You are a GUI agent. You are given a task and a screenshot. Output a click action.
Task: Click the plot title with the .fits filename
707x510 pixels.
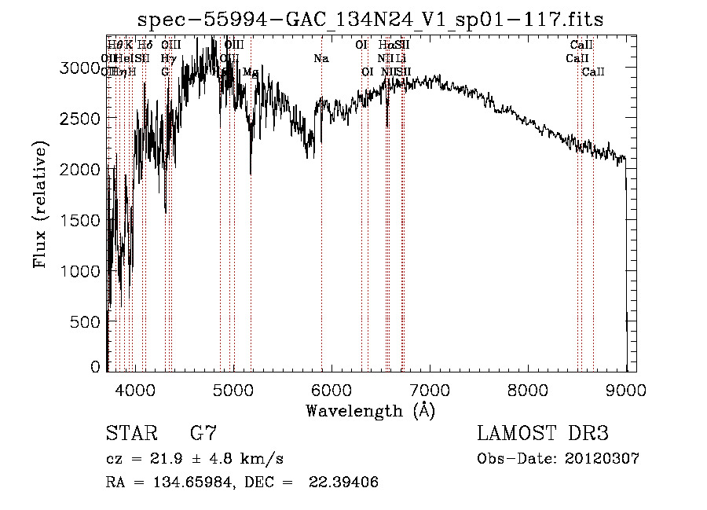(370, 20)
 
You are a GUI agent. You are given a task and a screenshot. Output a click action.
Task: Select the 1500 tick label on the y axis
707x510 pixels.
(82, 220)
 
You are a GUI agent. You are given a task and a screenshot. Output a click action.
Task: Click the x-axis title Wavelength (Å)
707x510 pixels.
(370, 410)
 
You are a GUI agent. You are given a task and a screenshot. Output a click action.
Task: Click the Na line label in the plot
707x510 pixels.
(321, 59)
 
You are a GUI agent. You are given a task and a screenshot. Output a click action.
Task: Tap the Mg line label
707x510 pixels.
(250, 72)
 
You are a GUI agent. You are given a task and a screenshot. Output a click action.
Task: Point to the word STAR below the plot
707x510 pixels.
(130, 434)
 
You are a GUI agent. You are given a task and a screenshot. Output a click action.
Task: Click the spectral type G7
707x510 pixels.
(203, 434)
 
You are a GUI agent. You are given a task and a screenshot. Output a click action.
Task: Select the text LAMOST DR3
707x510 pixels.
(543, 434)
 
